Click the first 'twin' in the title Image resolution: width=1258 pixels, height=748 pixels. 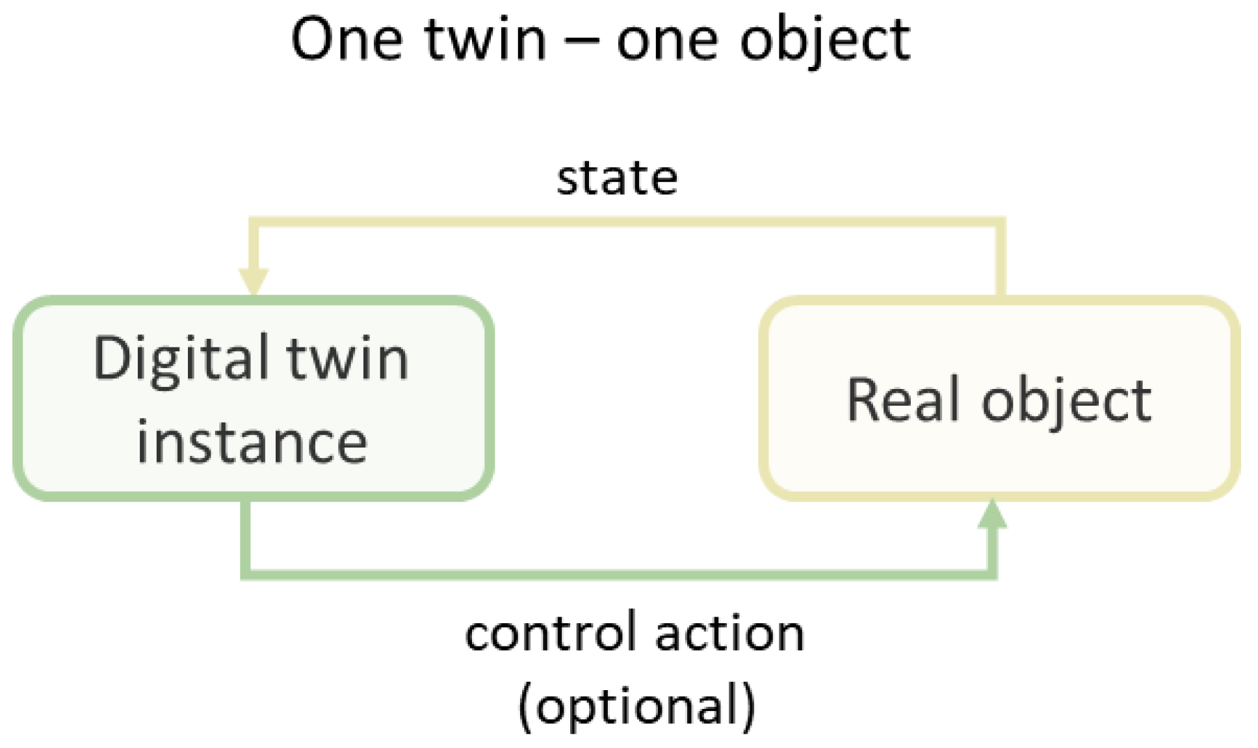tap(485, 40)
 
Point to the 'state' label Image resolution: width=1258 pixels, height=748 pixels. tap(617, 178)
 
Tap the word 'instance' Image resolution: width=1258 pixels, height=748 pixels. tap(252, 442)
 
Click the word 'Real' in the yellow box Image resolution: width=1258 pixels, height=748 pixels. tap(903, 399)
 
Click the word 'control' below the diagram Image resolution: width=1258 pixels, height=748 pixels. tap(551, 634)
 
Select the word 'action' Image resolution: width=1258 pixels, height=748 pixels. tap(729, 634)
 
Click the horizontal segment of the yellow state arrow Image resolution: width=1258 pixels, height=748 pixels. tap(624, 222)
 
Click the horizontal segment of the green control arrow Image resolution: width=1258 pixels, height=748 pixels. tap(618, 574)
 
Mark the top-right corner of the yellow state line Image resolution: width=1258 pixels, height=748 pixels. tap(1001, 222)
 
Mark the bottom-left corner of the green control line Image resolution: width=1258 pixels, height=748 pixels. tap(246, 574)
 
